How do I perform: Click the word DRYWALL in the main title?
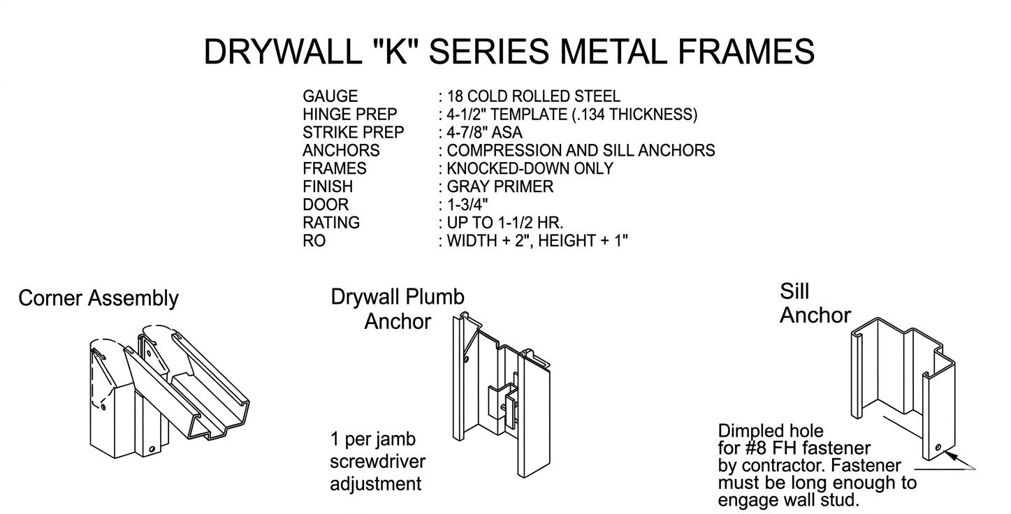pyautogui.click(x=283, y=52)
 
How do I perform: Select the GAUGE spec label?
pyautogui.click(x=330, y=96)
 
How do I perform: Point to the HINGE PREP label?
pyautogui.click(x=350, y=114)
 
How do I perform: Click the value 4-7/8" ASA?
pyautogui.click(x=484, y=132)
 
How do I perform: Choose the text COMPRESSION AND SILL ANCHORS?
pyautogui.click(x=581, y=150)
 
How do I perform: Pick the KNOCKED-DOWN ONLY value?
pyautogui.click(x=530, y=168)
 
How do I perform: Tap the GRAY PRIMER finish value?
pyautogui.click(x=500, y=186)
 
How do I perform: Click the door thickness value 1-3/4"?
pyautogui.click(x=467, y=205)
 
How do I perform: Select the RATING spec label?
pyautogui.click(x=331, y=223)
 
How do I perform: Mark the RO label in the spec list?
pyautogui.click(x=314, y=240)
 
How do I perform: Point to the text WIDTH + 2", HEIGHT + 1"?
pyautogui.click(x=537, y=240)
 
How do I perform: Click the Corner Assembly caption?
pyautogui.click(x=99, y=299)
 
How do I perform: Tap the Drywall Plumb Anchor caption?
pyautogui.click(x=398, y=309)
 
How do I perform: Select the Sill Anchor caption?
pyautogui.click(x=815, y=303)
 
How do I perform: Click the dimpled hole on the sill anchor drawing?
pyautogui.click(x=938, y=448)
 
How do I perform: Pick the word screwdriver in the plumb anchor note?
pyautogui.click(x=378, y=462)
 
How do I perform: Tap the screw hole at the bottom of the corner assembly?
pyautogui.click(x=152, y=450)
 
